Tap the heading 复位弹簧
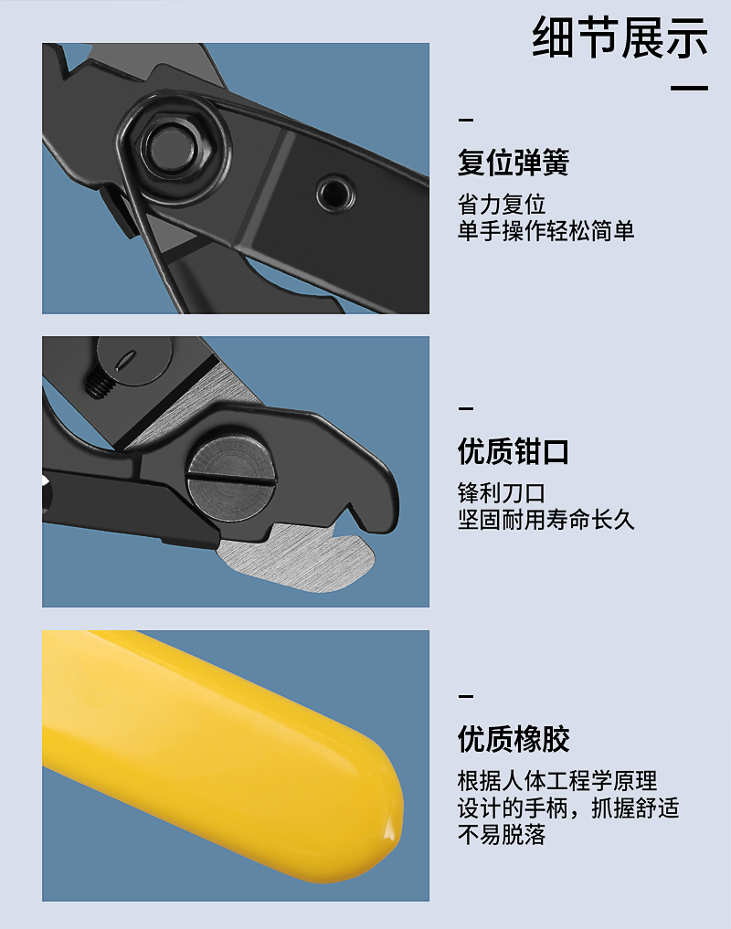point(514,163)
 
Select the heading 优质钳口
point(514,451)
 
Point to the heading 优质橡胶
point(514,739)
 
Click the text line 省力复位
point(502,205)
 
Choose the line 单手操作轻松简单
point(546,230)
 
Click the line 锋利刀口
point(502,493)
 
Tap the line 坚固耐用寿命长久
point(546,520)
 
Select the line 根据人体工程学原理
point(557,781)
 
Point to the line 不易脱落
point(502,834)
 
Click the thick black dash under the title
point(690,88)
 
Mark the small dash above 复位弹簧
point(466,121)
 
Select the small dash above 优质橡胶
point(466,696)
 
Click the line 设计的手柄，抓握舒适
point(568,808)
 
